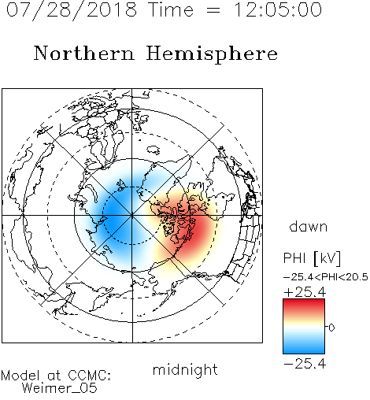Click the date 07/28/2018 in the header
point(72,10)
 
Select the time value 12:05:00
point(278,10)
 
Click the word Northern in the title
point(84,54)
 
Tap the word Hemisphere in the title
point(212,54)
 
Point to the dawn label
point(309,226)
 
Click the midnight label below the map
point(185,369)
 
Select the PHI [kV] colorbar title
point(312,258)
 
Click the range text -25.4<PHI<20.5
point(326,277)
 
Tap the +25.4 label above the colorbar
point(305,292)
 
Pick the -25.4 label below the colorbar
point(305,364)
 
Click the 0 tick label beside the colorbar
point(331,328)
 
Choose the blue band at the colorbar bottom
point(304,349)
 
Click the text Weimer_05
point(60,388)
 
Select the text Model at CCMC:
point(56,376)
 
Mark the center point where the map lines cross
point(132,216)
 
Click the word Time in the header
point(171,10)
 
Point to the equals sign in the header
point(213,10)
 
